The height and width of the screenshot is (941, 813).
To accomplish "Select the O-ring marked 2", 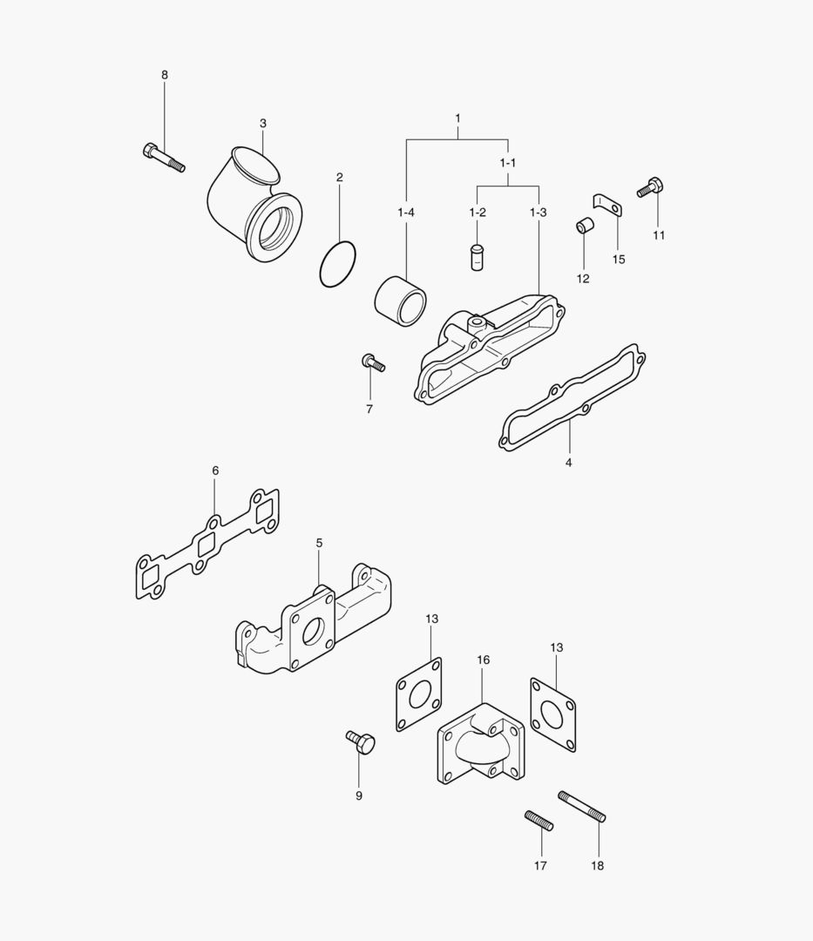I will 338,263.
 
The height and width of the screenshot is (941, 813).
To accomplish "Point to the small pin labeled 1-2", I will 476,258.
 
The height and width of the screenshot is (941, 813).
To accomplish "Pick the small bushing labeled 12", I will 584,228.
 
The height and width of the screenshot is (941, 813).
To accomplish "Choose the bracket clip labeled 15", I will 607,206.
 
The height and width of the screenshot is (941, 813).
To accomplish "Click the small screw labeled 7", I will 372,362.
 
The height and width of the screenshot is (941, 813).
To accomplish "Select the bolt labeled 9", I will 361,743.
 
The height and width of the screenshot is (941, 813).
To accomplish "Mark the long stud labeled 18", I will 581,806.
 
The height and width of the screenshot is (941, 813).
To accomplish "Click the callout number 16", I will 484,660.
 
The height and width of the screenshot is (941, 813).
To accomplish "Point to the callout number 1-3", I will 538,213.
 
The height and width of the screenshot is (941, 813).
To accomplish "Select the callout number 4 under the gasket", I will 568,463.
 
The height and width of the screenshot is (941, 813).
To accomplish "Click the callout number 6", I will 215,470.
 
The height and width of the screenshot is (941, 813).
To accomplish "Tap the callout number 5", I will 319,542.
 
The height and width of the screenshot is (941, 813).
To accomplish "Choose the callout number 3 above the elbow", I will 262,123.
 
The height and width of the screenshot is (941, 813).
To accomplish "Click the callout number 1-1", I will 508,163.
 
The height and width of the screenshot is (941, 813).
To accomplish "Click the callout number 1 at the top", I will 457,118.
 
